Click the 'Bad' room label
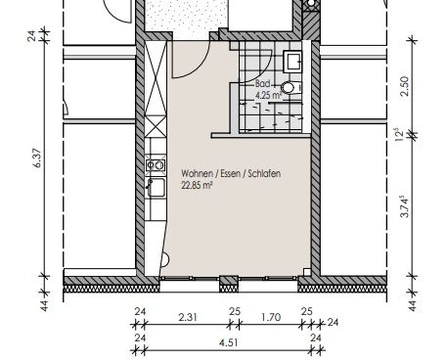(262, 84)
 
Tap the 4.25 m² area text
(268, 96)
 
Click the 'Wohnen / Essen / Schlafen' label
(231, 173)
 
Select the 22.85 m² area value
(197, 186)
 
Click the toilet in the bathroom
(291, 88)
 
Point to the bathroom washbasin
(292, 61)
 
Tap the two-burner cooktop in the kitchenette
(156, 165)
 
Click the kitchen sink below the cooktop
(156, 188)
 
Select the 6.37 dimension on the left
(38, 157)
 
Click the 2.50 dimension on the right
(404, 86)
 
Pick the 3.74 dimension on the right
(404, 206)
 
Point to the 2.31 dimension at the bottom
(188, 317)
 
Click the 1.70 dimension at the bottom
(271, 317)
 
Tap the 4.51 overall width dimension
(229, 342)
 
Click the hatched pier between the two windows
(229, 284)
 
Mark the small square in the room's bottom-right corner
(307, 272)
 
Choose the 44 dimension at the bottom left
(44, 305)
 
